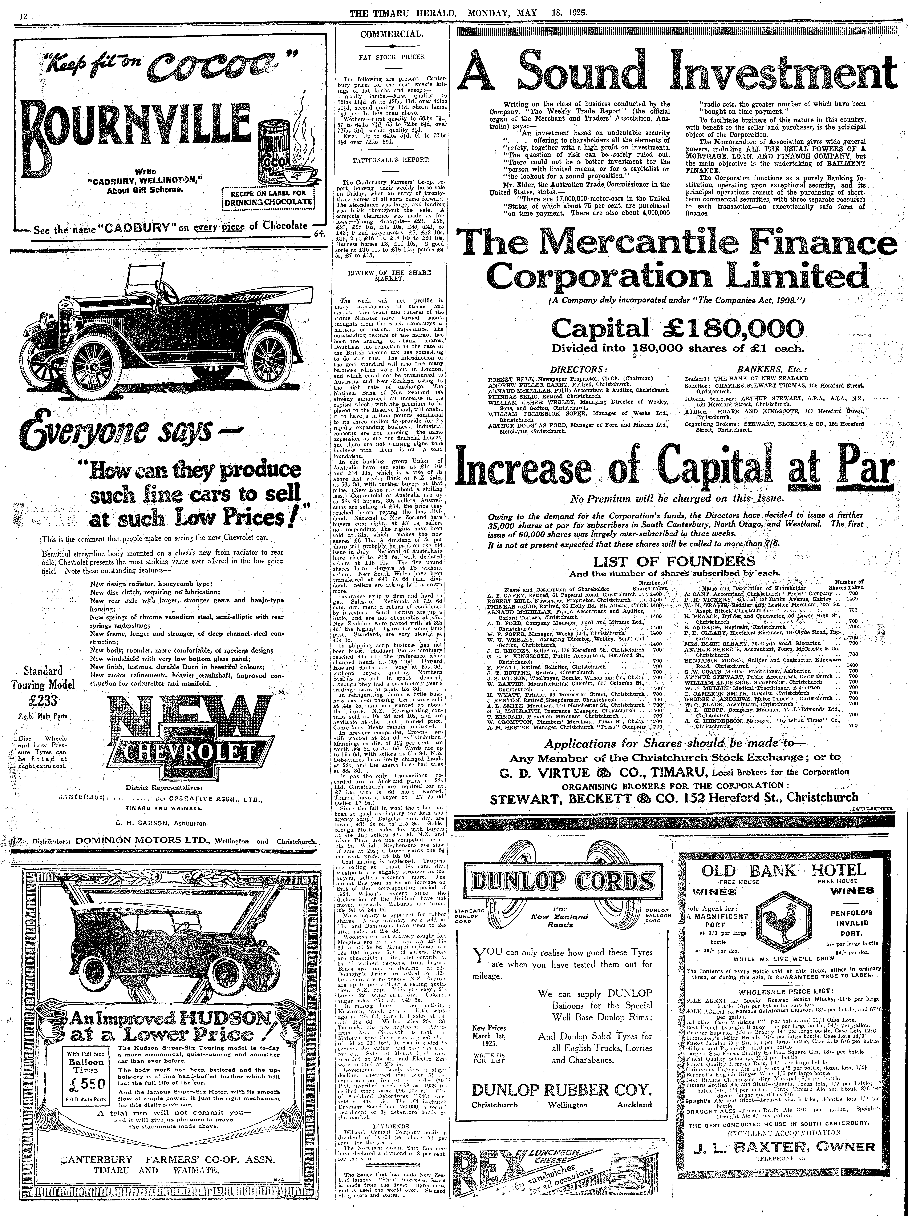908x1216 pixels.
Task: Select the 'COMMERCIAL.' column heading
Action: tap(391, 34)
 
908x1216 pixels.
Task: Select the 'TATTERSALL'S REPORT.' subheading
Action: tap(391, 160)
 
